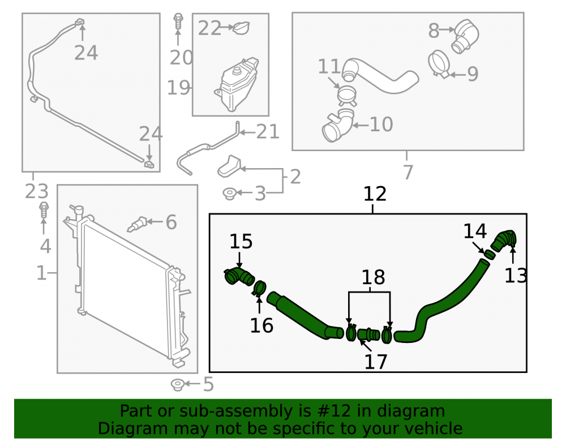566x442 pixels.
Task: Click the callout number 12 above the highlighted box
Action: [x=375, y=194]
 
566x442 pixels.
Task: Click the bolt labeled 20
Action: [x=178, y=22]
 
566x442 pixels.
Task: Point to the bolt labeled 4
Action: [x=44, y=210]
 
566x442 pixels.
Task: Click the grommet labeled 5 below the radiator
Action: [x=178, y=385]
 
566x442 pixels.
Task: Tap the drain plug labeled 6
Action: [x=137, y=224]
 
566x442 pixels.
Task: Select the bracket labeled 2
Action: [x=229, y=167]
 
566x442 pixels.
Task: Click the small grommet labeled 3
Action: [x=230, y=194]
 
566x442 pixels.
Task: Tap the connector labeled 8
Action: [x=465, y=36]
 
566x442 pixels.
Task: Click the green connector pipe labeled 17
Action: [x=368, y=334]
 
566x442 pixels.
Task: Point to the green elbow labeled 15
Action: [x=239, y=276]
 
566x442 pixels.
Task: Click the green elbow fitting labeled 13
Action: [x=504, y=240]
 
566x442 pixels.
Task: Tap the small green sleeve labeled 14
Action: [x=490, y=254]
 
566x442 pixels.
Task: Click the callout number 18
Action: [x=373, y=277]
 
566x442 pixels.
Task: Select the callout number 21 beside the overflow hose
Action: [x=268, y=132]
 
